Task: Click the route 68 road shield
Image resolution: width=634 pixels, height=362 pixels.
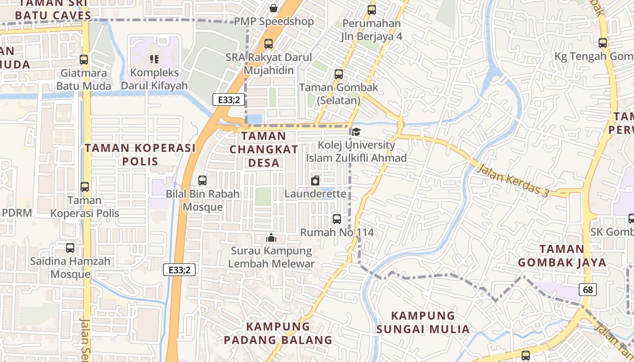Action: (587, 290)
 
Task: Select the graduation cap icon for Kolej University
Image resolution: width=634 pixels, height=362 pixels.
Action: (356, 132)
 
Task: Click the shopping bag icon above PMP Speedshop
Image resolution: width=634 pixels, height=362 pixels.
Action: (274, 8)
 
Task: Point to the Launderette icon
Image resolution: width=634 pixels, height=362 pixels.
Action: (315, 181)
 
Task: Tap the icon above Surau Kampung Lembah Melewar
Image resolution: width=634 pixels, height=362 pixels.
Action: (271, 237)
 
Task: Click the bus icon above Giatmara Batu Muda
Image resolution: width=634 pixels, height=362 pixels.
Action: (84, 59)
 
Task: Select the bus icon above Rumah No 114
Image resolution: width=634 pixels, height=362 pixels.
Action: (337, 219)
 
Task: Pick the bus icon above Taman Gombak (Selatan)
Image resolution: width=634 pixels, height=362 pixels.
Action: (339, 74)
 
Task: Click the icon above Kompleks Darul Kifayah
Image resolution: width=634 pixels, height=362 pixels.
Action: (154, 59)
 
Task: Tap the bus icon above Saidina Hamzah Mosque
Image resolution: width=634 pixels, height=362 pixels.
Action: (70, 248)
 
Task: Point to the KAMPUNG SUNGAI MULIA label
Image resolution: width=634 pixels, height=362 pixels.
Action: (423, 322)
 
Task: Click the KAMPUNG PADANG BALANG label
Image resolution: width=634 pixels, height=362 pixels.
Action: (278, 333)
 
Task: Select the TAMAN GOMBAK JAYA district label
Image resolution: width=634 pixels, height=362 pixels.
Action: (562, 256)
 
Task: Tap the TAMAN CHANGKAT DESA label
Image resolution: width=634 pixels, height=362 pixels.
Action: (264, 149)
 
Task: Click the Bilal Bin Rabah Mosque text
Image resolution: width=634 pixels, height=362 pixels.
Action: (202, 200)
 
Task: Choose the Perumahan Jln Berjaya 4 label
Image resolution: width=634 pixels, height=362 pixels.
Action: (372, 30)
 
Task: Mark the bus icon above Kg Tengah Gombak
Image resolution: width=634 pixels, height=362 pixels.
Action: (603, 43)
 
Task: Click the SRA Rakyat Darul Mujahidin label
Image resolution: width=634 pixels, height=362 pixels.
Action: (269, 64)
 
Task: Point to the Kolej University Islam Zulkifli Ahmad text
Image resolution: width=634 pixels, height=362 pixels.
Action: (356, 152)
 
